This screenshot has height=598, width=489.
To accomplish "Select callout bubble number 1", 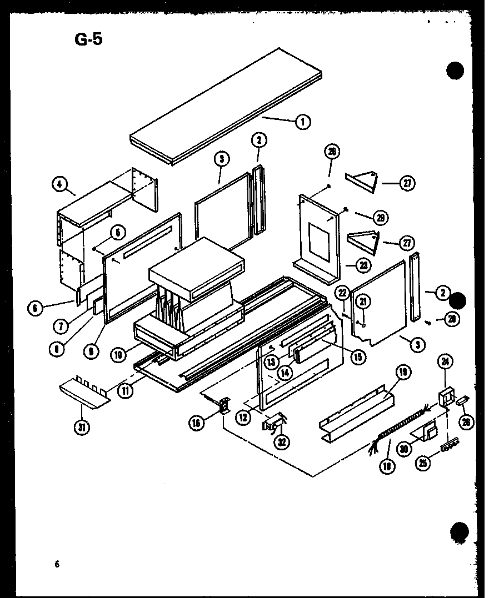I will point(303,122).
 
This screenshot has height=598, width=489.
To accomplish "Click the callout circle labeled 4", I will point(58,184).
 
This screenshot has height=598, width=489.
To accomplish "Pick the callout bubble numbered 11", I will point(126,390).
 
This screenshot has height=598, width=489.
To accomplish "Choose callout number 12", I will point(243,416).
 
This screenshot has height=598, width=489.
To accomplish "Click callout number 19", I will point(403,372).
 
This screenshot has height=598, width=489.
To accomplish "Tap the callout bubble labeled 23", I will point(362,265).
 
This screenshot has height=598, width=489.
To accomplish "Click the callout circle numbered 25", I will point(425,461).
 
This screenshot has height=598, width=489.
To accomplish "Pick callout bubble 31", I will point(82,427).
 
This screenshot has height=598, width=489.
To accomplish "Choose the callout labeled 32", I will point(284,443).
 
